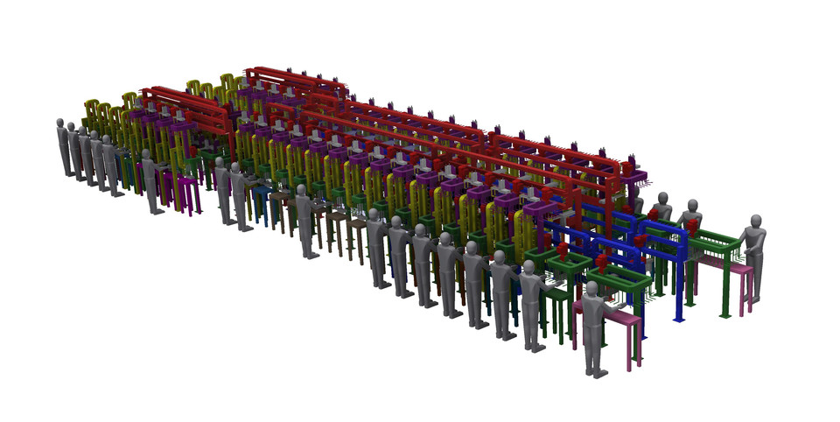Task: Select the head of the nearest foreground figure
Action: pyautogui.click(x=592, y=290)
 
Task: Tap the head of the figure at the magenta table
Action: pyautogui.click(x=147, y=156)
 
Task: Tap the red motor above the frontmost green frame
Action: pyautogui.click(x=602, y=263)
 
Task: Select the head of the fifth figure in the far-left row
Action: pyautogui.click(x=108, y=142)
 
